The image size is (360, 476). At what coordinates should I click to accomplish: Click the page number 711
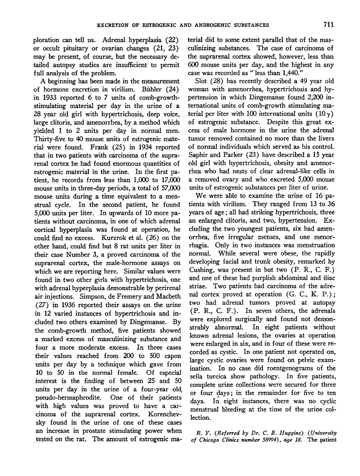pos(328,25)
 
